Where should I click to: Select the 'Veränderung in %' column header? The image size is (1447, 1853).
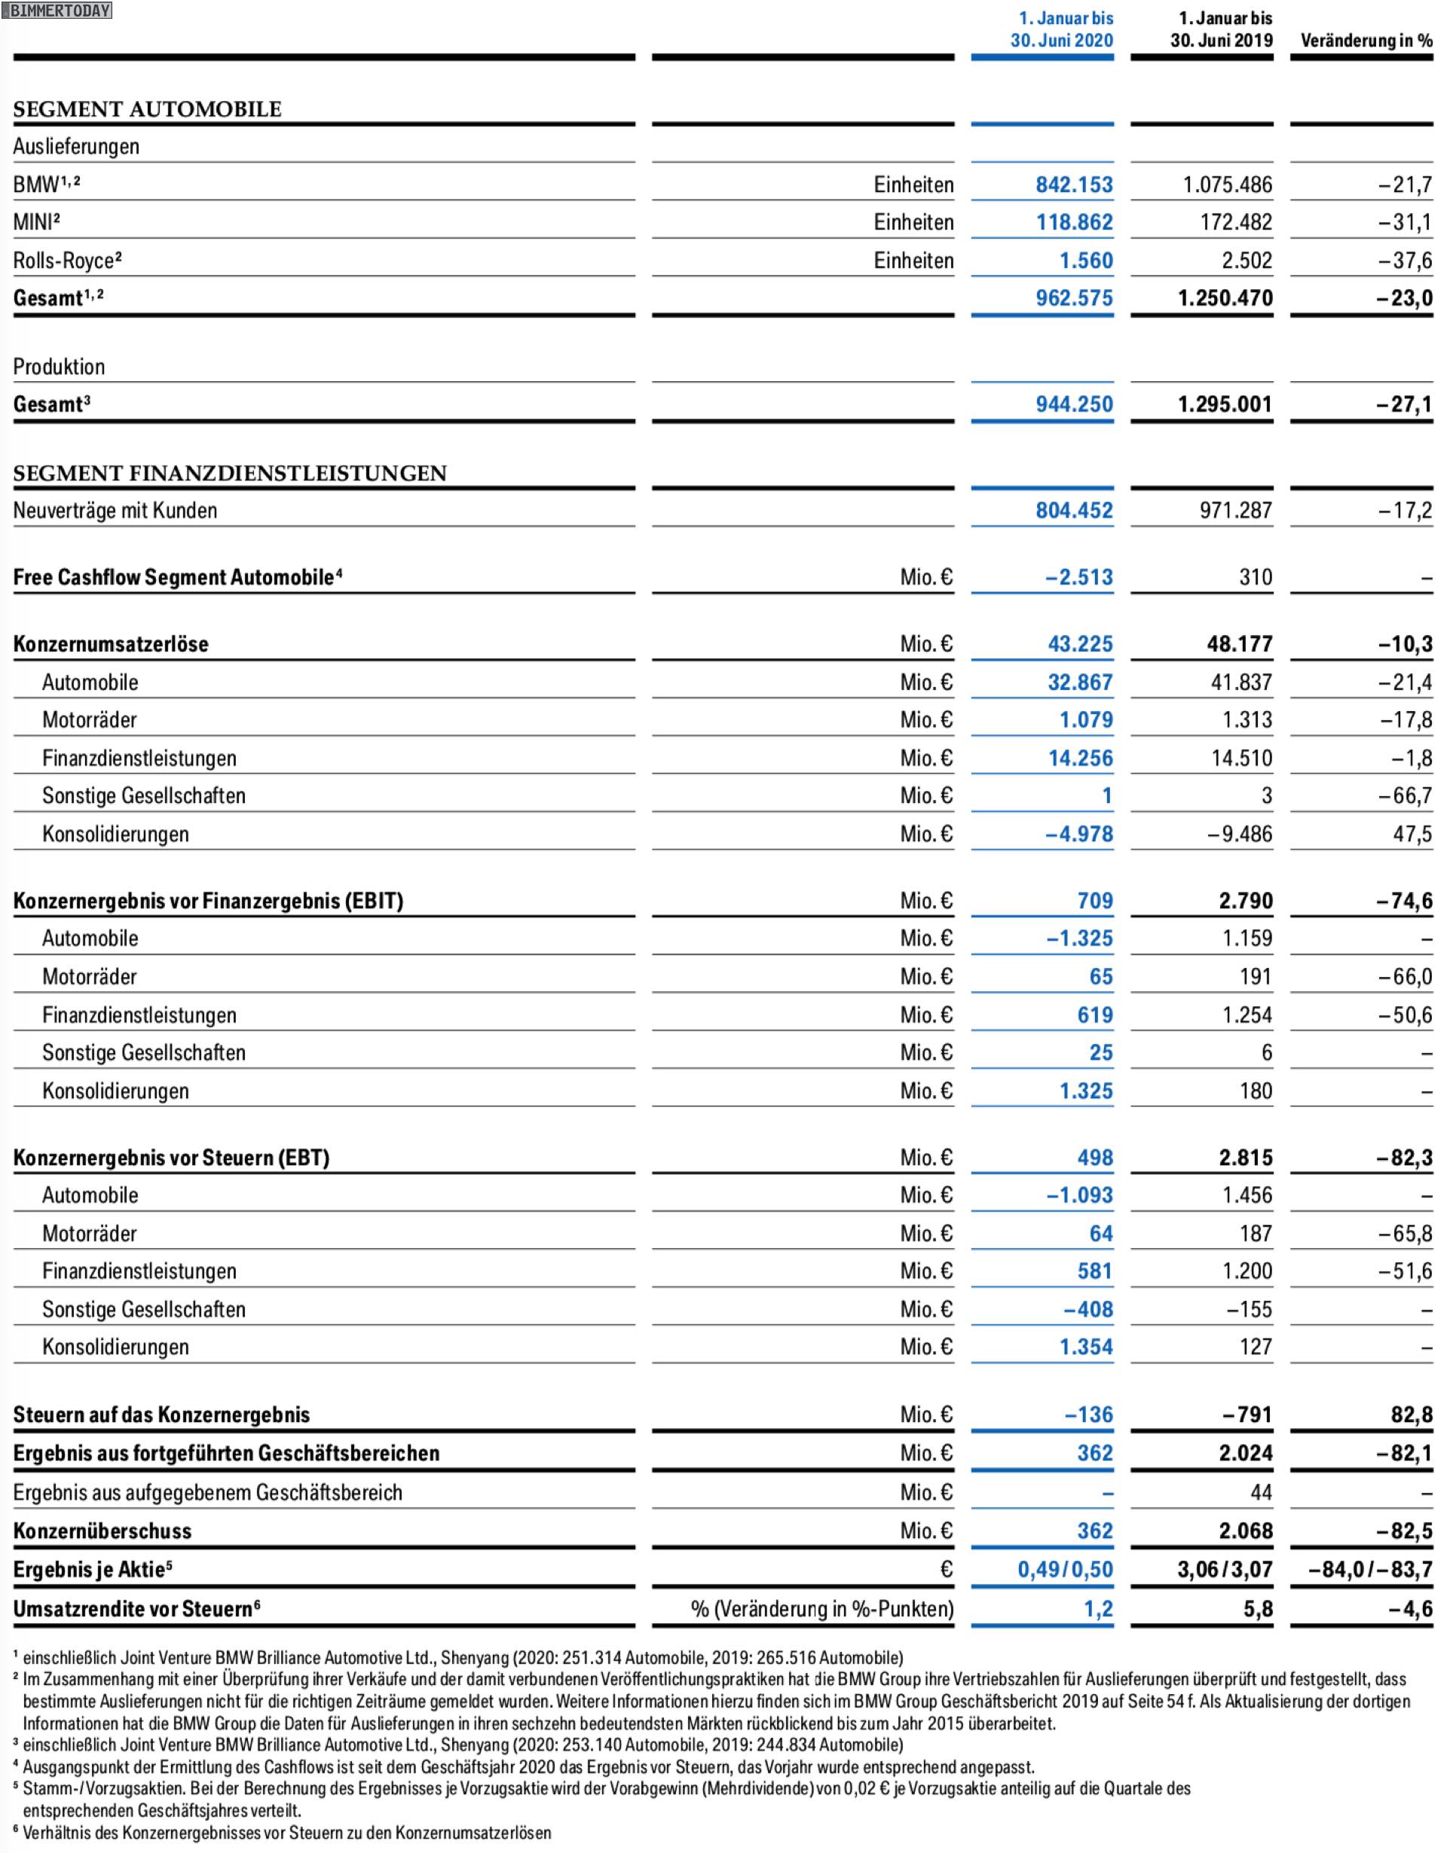click(x=1366, y=41)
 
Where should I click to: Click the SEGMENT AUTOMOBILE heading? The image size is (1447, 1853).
click(x=148, y=109)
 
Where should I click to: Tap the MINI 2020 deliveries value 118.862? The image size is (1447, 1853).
click(x=1074, y=222)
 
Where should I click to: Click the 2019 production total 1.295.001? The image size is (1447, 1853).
click(x=1225, y=404)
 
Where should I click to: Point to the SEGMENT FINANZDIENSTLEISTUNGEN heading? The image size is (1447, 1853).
click(x=229, y=474)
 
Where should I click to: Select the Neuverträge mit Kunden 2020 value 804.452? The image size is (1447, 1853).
click(x=1074, y=511)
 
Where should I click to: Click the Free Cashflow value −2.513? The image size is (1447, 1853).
click(x=1078, y=578)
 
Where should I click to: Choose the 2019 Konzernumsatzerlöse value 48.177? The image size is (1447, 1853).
click(x=1239, y=644)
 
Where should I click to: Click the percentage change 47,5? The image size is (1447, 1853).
click(x=1412, y=834)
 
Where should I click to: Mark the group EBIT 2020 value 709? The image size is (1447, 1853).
click(x=1095, y=901)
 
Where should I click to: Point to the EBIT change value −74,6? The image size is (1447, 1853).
click(x=1405, y=901)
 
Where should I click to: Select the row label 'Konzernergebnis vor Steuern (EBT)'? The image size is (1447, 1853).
click(x=171, y=1159)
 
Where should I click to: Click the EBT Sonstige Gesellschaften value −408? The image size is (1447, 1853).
click(x=1088, y=1309)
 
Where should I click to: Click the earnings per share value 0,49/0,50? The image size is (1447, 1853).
click(x=1065, y=1570)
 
